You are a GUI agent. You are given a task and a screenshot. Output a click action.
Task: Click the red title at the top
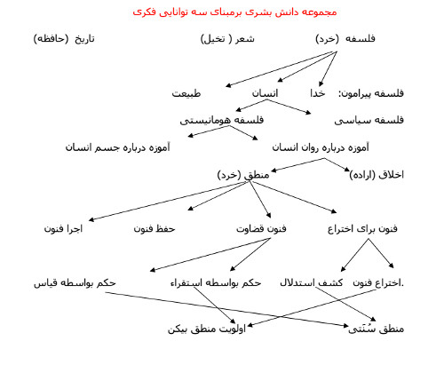pos(234,12)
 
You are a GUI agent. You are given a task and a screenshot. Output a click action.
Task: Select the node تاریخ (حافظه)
pos(64,39)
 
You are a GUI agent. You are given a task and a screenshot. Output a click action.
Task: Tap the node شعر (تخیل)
pos(227,39)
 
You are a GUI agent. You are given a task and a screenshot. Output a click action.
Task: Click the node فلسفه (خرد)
pos(345,39)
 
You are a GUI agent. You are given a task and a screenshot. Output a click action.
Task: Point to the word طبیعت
pos(186,93)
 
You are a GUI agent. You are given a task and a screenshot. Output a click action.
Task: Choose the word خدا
pos(318,93)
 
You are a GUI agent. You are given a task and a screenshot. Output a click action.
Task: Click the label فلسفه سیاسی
pos(369,120)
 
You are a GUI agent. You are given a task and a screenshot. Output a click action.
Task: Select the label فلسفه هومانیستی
pos(222,120)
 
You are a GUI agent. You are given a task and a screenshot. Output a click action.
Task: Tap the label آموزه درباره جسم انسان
pos(117,147)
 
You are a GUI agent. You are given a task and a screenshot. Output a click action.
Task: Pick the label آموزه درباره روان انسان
pos(321,147)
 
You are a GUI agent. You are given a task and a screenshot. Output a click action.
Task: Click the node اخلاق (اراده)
pos(377,175)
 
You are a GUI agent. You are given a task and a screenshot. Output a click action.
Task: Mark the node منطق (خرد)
pos(243,175)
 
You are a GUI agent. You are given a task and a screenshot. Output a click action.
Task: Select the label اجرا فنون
pos(63,229)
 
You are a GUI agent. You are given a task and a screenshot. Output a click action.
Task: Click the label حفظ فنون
pos(155,229)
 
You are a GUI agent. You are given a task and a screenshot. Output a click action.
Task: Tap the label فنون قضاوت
pos(261,229)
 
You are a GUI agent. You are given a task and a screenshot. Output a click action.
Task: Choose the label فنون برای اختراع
pos(362,229)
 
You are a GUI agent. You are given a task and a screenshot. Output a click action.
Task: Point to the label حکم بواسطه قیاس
pos(75,283)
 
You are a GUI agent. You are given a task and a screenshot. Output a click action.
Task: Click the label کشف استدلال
pos(311,283)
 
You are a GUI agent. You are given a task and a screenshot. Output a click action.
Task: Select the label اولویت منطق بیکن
pos(207,329)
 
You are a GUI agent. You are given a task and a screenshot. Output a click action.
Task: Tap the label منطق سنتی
pos(376,329)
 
